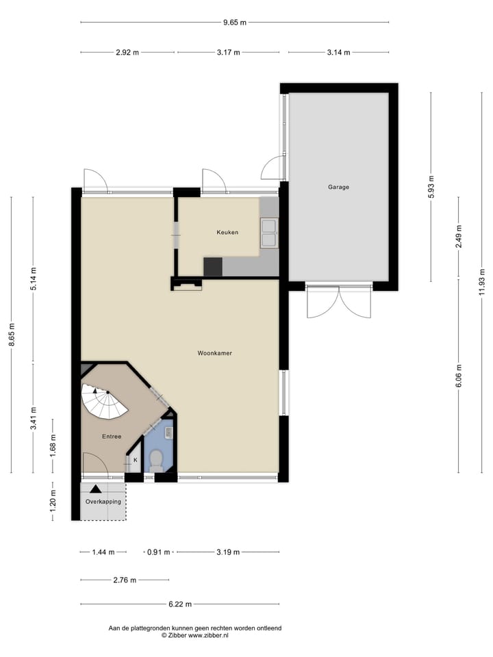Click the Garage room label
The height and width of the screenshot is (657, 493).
click(x=338, y=187)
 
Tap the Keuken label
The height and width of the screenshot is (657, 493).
click(x=227, y=233)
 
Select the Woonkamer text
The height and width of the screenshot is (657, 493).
click(x=214, y=354)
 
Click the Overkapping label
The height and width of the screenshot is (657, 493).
click(x=103, y=502)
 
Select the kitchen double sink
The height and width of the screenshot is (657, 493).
click(x=268, y=233)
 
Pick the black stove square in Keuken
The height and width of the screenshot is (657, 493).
click(x=213, y=267)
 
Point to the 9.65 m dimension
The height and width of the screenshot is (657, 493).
click(x=234, y=23)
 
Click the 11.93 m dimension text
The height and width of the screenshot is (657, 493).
click(x=482, y=281)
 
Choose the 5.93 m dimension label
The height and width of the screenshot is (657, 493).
click(x=431, y=186)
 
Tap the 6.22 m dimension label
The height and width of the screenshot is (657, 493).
click(x=179, y=604)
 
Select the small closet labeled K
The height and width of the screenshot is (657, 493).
click(x=135, y=461)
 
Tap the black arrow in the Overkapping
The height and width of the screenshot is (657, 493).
click(x=95, y=489)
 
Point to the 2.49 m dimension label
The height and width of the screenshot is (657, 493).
click(x=459, y=237)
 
